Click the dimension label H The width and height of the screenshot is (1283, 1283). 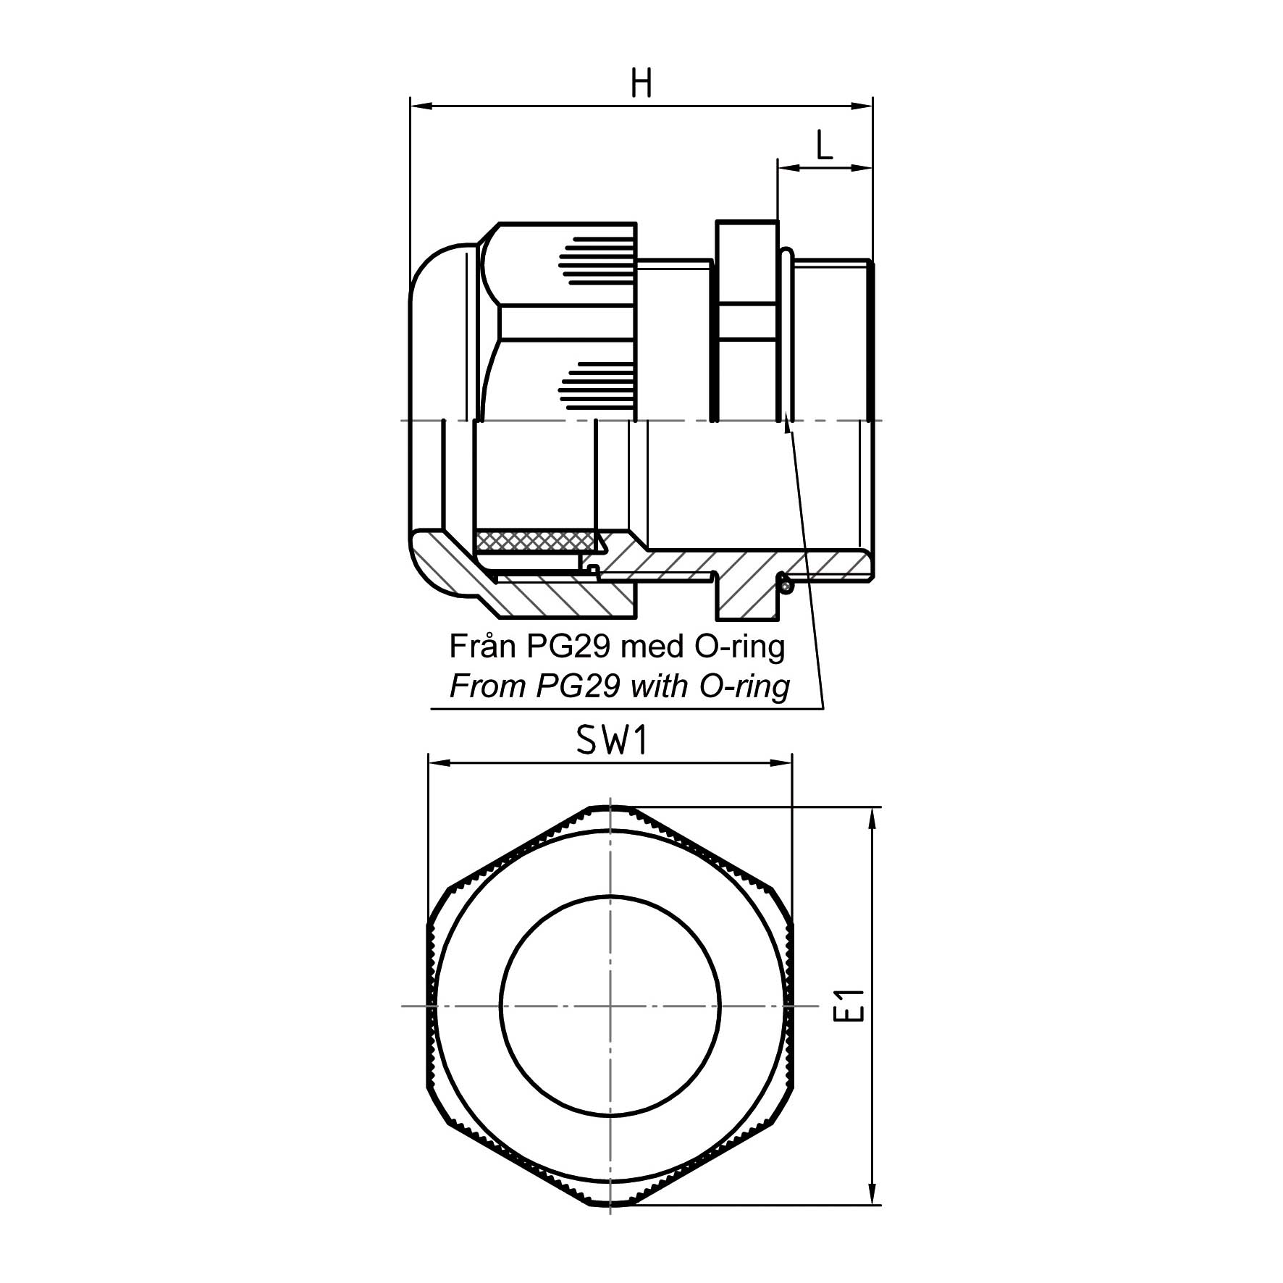coord(641,83)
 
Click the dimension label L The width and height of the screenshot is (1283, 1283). coord(824,145)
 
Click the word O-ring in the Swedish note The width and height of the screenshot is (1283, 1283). coord(739,647)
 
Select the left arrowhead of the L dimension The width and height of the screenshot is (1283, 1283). coord(788,168)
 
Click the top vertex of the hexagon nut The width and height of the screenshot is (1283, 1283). coord(610,807)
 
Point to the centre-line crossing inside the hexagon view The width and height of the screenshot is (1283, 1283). coord(610,1006)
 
